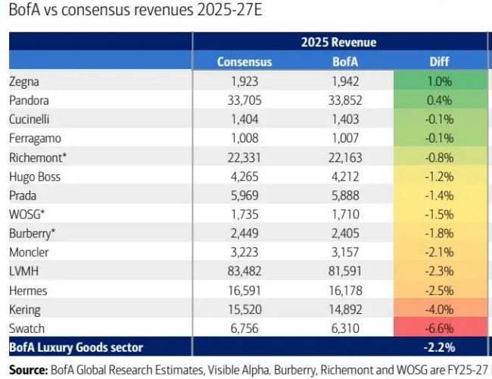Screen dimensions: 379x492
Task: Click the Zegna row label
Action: click(23, 80)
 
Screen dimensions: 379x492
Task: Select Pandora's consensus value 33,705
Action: click(244, 100)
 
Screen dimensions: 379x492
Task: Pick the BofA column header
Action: click(347, 62)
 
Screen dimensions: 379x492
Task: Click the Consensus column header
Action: click(244, 62)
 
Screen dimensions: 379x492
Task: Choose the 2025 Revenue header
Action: click(340, 42)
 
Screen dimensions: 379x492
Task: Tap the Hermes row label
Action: click(27, 290)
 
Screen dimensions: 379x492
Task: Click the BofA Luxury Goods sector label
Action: click(76, 348)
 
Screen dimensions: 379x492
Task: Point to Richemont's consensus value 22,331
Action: click(244, 157)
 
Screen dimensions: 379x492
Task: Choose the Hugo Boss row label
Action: click(35, 177)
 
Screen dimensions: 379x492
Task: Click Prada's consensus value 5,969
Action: click(244, 196)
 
